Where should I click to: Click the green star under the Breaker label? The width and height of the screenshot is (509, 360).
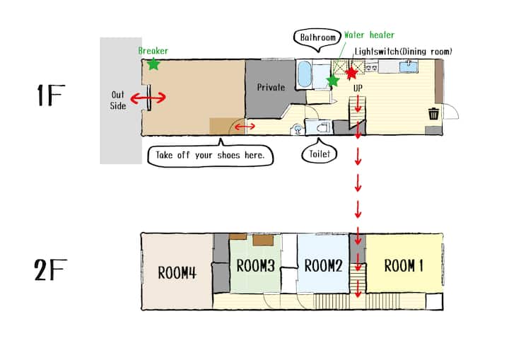153,64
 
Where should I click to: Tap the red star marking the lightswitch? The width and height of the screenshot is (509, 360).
351,73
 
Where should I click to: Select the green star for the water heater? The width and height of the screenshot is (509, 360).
333,81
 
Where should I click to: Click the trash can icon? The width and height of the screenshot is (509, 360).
433,114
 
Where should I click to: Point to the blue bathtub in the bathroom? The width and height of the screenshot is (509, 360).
304,74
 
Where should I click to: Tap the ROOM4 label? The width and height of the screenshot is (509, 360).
177,272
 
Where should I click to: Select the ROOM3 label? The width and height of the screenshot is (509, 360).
255,265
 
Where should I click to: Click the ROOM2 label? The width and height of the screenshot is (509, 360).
323,265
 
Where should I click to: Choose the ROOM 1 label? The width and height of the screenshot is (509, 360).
404,265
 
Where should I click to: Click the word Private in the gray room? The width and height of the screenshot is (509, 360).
271,87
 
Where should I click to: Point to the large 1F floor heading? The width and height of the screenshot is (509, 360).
51,95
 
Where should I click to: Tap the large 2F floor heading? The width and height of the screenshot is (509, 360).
50,270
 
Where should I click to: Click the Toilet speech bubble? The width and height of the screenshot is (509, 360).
320,152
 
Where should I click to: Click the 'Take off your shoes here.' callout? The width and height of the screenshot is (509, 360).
211,154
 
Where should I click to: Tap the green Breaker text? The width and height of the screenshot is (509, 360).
153,51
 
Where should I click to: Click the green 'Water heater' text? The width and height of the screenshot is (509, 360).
370,35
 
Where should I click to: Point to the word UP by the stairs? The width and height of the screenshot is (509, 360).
358,88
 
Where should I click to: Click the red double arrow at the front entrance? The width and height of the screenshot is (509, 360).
148,98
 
